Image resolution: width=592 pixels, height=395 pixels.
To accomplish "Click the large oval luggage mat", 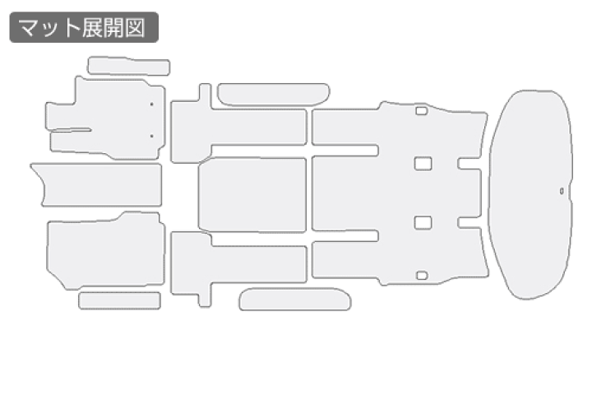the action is coord(530,195).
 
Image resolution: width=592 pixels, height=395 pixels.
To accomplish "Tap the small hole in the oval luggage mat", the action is coord(562,191).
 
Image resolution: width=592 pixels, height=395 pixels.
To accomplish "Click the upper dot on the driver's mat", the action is coord(152,104).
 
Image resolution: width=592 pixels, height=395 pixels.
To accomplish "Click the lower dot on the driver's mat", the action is coord(152,136).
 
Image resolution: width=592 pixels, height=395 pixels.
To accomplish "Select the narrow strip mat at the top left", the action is coord(129,66).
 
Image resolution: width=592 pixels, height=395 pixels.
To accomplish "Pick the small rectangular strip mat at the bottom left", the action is coord(120,300).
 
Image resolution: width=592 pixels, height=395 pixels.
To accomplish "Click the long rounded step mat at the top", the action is coord(273,94).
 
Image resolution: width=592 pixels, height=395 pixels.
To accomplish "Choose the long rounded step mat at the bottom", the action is coord(295,299).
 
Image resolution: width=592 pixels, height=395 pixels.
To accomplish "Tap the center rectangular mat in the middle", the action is coord(252,195).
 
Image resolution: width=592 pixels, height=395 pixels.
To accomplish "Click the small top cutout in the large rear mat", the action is coord(421,111).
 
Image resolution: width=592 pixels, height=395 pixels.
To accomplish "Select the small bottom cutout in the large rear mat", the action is coord(422,275).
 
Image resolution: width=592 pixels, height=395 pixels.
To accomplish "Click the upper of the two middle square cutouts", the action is coord(423,164).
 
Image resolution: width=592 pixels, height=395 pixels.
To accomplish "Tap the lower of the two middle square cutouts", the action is coord(423,223).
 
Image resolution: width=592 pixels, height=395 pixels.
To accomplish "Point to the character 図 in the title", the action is coord(135,28).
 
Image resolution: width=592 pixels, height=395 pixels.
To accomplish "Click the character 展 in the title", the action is coord(92,28).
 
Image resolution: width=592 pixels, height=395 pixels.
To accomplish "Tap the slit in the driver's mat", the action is coord(72,130).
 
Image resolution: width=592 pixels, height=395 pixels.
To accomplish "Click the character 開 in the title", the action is coord(113,28).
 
